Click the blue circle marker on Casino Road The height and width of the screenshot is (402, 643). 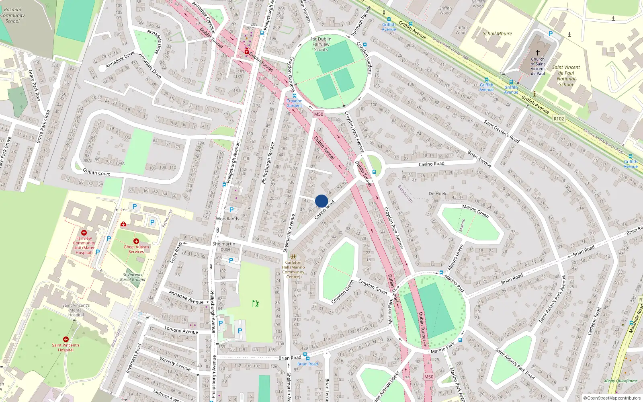321,201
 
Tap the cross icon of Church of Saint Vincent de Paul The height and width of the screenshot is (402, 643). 538,53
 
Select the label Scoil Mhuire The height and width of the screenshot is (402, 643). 497,34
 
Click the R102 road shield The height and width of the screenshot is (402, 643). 559,119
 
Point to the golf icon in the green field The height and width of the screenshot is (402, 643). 256,304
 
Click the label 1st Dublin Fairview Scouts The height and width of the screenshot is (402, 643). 321,44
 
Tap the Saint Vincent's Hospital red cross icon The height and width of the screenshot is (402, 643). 66,339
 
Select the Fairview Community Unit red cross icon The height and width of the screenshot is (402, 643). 84,233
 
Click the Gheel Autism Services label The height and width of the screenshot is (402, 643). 136,249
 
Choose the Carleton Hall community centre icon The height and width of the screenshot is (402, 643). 293,256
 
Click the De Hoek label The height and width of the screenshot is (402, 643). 437,194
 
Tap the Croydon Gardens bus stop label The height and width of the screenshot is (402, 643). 295,103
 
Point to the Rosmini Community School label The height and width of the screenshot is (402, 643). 12,15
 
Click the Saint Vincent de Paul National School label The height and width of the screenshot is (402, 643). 566,76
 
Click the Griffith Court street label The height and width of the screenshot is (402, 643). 96,173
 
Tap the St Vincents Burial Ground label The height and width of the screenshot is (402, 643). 133,277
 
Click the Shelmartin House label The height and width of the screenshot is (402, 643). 224,246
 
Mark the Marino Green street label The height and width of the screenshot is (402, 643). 475,211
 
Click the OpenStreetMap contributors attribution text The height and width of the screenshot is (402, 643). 614,398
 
